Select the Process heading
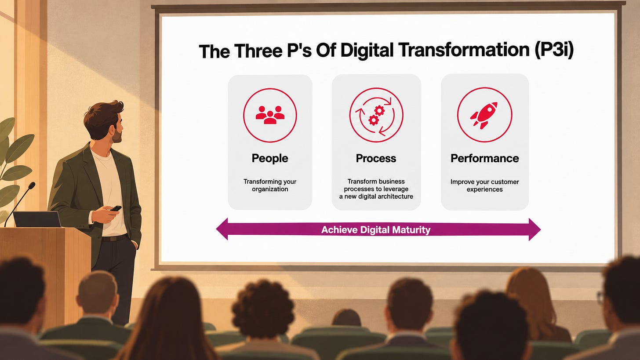376,158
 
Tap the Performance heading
484,158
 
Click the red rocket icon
484,115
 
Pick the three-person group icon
270,115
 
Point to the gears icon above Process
376,115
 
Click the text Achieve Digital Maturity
376,230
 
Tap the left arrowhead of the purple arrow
222,229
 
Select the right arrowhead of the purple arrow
535,229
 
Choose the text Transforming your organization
270,185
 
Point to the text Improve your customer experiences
484,185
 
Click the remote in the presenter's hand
116,208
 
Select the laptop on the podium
37,219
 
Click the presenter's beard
117,135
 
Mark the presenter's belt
114,238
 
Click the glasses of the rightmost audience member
601,298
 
